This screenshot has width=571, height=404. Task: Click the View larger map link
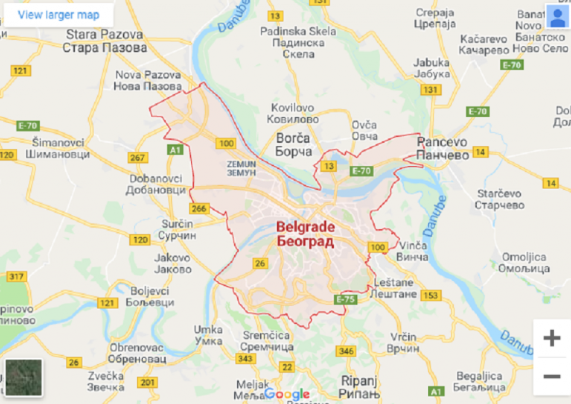pyautogui.click(x=59, y=15)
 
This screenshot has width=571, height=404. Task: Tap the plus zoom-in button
pyautogui.click(x=551, y=338)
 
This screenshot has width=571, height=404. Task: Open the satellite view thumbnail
pyautogui.click(x=23, y=377)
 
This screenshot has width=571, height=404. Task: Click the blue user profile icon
pyautogui.click(x=557, y=17)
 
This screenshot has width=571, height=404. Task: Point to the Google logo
pyautogui.click(x=287, y=395)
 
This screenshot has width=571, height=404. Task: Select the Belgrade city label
pyautogui.click(x=306, y=234)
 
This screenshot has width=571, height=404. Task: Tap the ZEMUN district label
pyautogui.click(x=241, y=168)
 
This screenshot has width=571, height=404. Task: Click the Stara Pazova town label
pyautogui.click(x=105, y=41)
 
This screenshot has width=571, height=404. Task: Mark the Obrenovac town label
pyautogui.click(x=137, y=353)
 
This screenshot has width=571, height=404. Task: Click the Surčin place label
pyautogui.click(x=177, y=229)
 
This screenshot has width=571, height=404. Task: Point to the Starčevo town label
pyautogui.click(x=499, y=199)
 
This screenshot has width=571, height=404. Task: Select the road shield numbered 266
pyautogui.click(x=199, y=209)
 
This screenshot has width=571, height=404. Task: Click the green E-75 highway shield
pyautogui.click(x=346, y=300)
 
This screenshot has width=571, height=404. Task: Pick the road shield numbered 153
pyautogui.click(x=430, y=295)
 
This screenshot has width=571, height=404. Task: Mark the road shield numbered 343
pyautogui.click(x=245, y=358)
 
